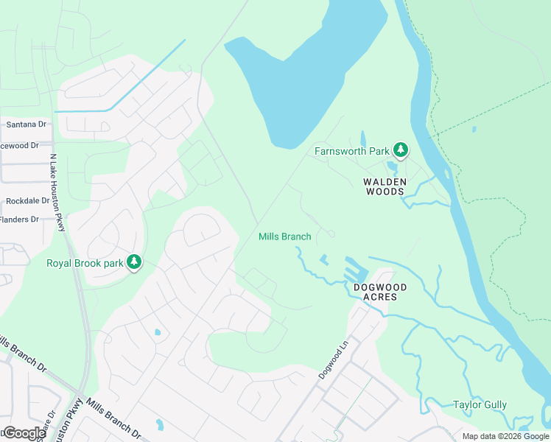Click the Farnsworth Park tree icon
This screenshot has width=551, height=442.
tap(400, 150)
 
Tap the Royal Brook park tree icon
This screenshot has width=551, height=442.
tap(134, 262)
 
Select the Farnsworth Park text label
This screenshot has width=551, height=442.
tap(351, 151)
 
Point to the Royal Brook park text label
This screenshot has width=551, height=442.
tap(84, 263)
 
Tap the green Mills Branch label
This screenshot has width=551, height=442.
tap(284, 236)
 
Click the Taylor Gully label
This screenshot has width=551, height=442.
tap(480, 404)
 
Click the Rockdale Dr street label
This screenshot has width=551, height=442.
tap(27, 200)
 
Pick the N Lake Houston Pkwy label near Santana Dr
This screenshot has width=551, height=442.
tap(57, 192)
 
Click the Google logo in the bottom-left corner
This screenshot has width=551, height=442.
tap(24, 433)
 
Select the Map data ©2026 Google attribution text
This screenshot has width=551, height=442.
tap(505, 436)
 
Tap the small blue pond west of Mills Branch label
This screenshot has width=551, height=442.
tap(158, 332)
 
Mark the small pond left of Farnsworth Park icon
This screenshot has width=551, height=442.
tap(362, 138)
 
